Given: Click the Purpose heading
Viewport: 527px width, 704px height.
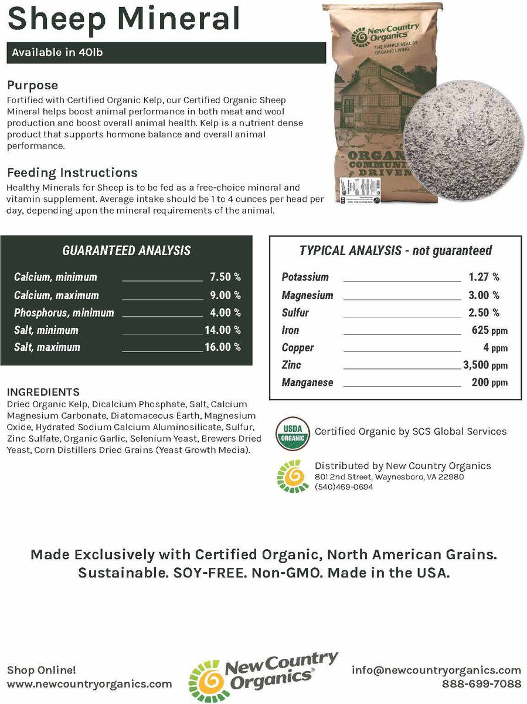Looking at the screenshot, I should (x=32, y=86).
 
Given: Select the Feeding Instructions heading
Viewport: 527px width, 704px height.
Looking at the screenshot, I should (x=72, y=172).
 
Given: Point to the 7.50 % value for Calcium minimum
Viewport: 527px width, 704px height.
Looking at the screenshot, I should (x=225, y=277).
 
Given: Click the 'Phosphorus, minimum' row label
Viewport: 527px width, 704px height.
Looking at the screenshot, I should (x=64, y=313).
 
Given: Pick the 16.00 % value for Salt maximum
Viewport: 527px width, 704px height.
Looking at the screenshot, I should (x=223, y=347).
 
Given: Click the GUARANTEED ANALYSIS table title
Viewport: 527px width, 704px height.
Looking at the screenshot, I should (x=126, y=251).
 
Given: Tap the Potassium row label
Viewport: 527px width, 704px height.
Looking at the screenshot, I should (x=305, y=277).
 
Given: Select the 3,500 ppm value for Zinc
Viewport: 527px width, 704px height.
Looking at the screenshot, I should (x=485, y=365).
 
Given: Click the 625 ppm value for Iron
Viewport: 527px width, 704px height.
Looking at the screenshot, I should (x=489, y=330).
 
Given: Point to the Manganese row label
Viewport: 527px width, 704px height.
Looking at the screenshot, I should (x=307, y=383).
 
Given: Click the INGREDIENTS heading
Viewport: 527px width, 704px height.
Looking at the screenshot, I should (x=43, y=392).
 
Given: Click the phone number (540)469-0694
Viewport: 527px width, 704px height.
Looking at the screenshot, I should (x=344, y=487).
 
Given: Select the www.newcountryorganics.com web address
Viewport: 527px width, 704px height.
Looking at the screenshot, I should (x=90, y=683).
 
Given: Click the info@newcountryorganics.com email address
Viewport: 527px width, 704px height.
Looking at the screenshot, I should (x=436, y=670).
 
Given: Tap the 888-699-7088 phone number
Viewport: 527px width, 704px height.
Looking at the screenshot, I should (x=481, y=683).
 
